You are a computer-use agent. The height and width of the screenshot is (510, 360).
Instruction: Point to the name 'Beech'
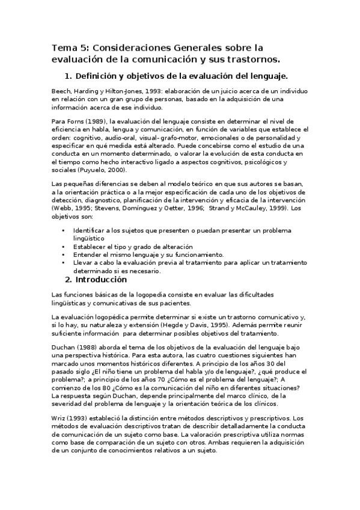tap(62, 90)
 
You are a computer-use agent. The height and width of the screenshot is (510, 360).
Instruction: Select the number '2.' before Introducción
tap(69, 279)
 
